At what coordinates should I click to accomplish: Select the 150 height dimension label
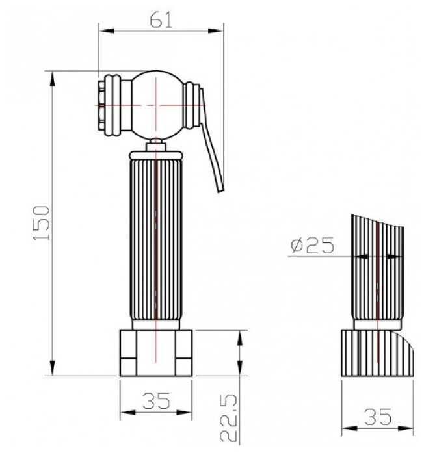[x=42, y=223]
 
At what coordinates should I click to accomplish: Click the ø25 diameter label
[x=313, y=245]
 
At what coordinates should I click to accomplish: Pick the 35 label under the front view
[x=155, y=401]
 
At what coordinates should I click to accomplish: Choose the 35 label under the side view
[x=378, y=417]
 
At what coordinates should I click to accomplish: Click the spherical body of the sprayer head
[x=157, y=105]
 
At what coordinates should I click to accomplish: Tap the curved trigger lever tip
[x=220, y=189]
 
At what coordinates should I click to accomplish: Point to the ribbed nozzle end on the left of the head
[x=109, y=105]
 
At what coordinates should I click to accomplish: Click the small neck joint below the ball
[x=156, y=145]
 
